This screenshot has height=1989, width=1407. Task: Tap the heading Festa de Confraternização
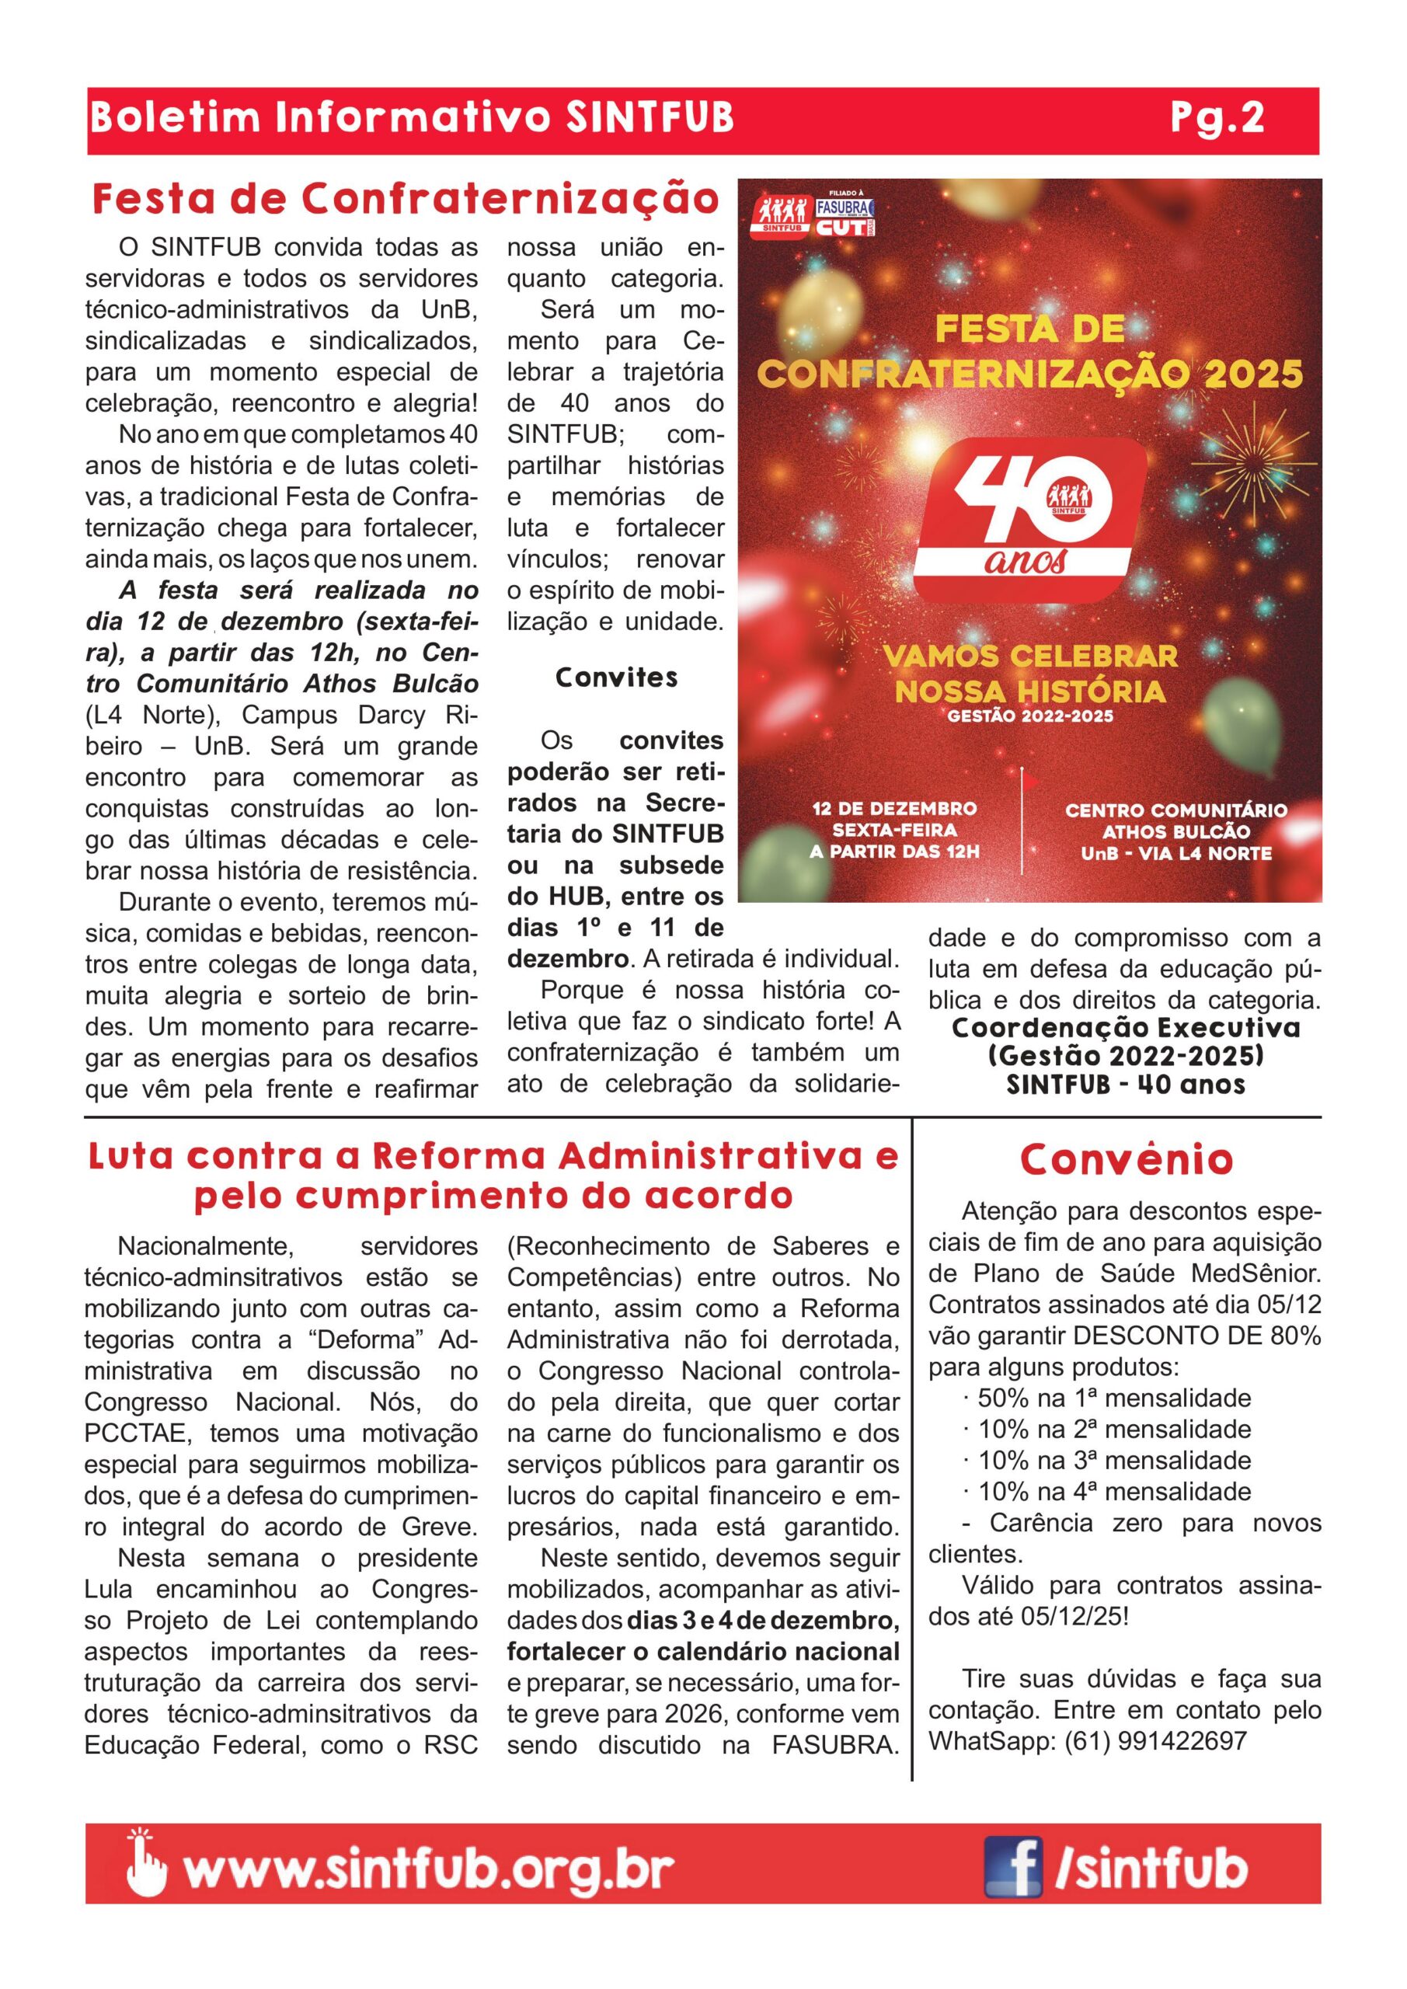point(406,199)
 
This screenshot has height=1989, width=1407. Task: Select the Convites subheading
point(616,678)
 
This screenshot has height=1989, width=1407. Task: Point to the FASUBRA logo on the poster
point(845,208)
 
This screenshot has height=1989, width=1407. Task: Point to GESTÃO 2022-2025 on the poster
point(1030,716)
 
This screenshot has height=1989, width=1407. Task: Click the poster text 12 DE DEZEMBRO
point(893,808)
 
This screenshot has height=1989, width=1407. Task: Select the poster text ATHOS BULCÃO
point(1175,831)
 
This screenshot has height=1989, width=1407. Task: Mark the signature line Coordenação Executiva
point(1126,1028)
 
